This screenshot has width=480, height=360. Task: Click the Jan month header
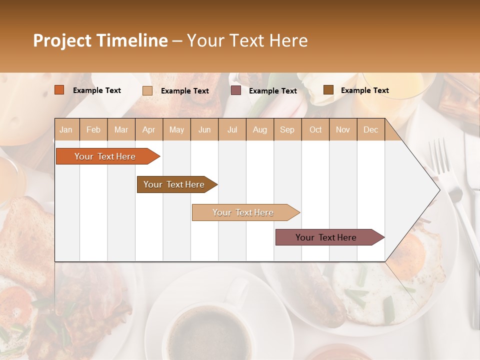tap(66, 129)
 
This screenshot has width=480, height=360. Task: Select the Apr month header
tap(149, 129)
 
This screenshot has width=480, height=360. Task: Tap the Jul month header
tap(232, 129)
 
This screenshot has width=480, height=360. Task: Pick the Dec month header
tap(370, 129)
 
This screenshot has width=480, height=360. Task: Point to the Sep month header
tap(287, 129)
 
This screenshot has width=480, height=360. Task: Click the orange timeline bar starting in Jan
tap(105, 156)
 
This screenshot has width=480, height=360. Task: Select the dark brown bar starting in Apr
tap(174, 184)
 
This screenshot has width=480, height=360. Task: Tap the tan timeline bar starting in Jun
tap(243, 212)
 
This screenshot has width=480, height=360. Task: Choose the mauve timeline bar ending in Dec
tap(326, 237)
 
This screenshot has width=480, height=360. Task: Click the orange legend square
tap(59, 90)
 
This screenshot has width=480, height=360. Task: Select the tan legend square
tap(147, 90)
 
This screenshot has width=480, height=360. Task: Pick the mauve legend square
tap(236, 90)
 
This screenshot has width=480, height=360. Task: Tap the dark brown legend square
tap(328, 90)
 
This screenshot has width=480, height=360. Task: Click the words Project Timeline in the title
tap(100, 40)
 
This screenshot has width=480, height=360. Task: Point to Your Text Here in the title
tap(247, 40)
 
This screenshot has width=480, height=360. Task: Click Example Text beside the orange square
tap(97, 90)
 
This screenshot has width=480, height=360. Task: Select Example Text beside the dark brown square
tap(365, 90)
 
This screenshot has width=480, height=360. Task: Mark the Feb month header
tap(93, 129)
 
